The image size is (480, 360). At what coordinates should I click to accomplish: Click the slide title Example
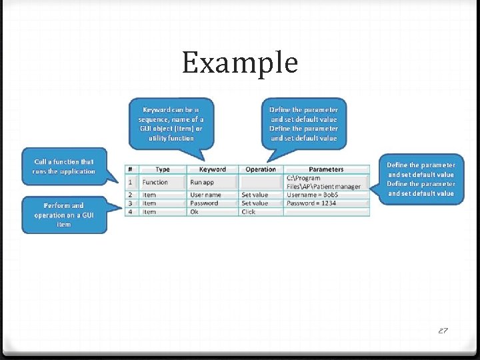point(239,63)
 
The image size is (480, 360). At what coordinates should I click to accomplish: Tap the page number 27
point(443,329)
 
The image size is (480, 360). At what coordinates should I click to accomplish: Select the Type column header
point(162,169)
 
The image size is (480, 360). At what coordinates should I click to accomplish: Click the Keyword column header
point(212,169)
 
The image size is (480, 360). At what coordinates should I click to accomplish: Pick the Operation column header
point(261,169)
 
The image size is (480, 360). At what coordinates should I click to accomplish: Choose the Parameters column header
point(326,169)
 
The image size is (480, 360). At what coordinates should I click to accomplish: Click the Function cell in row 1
point(155,182)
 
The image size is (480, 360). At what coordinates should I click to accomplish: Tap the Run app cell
point(201,182)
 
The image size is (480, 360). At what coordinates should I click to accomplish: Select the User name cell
point(205,195)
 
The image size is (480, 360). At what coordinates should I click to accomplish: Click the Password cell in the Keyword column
point(204,203)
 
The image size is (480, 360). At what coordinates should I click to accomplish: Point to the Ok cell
point(195,212)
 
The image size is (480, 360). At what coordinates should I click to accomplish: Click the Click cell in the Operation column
point(249,212)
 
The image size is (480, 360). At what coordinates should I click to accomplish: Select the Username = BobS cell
point(312,195)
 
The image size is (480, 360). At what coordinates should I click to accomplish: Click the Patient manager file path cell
point(323,182)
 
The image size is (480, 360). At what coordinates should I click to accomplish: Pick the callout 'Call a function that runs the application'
point(64,167)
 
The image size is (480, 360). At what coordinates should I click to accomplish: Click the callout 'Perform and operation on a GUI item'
point(64,215)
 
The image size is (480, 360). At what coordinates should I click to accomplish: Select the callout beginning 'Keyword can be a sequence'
point(171,123)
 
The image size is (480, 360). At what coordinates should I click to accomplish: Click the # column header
point(131,169)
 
